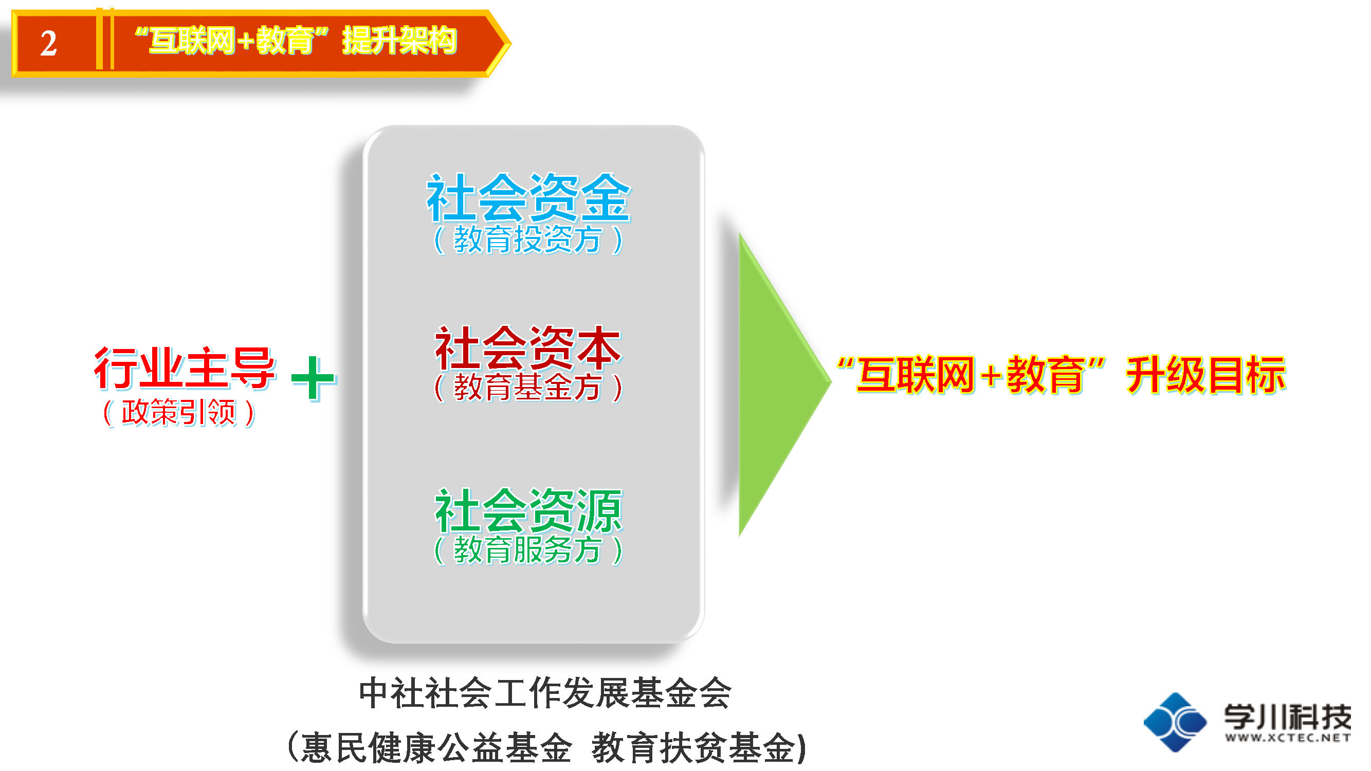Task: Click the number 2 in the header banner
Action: pos(48,43)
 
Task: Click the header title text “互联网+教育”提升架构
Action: pos(296,41)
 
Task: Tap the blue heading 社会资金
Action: pos(528,197)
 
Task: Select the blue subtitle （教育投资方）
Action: pos(528,240)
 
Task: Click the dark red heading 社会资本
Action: pos(528,348)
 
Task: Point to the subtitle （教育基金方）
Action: pos(528,387)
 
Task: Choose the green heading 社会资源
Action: pos(528,511)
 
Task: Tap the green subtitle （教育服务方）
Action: pos(528,549)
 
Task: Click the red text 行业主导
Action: pos(185,368)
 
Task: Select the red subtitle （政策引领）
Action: pos(179,412)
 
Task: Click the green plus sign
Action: pos(314,378)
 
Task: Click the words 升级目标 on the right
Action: pos(1205,375)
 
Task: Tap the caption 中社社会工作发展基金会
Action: pos(545,693)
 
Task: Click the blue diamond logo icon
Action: pos(1175,722)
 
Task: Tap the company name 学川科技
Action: pos(1287,717)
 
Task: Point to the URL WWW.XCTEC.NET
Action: pos(1287,738)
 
